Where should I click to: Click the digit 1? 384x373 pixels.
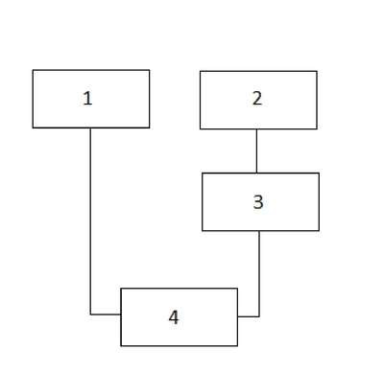(x=87, y=99)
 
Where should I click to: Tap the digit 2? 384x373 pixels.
(x=257, y=99)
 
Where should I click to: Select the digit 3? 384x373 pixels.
(x=258, y=202)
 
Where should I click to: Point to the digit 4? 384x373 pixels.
(x=174, y=317)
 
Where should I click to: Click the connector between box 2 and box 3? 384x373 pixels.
(x=256, y=151)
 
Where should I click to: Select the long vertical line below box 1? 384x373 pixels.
(x=90, y=221)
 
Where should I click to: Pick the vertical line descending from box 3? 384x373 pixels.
(x=259, y=273)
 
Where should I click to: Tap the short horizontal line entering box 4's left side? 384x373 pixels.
(x=106, y=315)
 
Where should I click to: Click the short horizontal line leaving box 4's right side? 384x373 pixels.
(x=249, y=316)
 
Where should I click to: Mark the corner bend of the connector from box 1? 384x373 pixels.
(x=90, y=315)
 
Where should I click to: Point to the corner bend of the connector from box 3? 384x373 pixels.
(x=259, y=316)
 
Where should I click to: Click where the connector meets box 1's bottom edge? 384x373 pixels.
(x=90, y=128)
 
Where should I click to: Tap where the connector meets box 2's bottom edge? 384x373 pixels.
(x=256, y=129)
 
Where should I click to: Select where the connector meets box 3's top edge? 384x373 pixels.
(x=256, y=173)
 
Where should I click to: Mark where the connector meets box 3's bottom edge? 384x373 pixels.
(x=259, y=230)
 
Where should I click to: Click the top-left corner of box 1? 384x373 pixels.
(x=33, y=70)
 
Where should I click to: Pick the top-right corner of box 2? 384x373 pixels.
(x=317, y=71)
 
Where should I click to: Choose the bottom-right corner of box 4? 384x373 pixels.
(x=238, y=346)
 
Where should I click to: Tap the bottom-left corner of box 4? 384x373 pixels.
(x=121, y=346)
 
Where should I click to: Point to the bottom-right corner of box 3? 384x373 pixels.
(x=319, y=230)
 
